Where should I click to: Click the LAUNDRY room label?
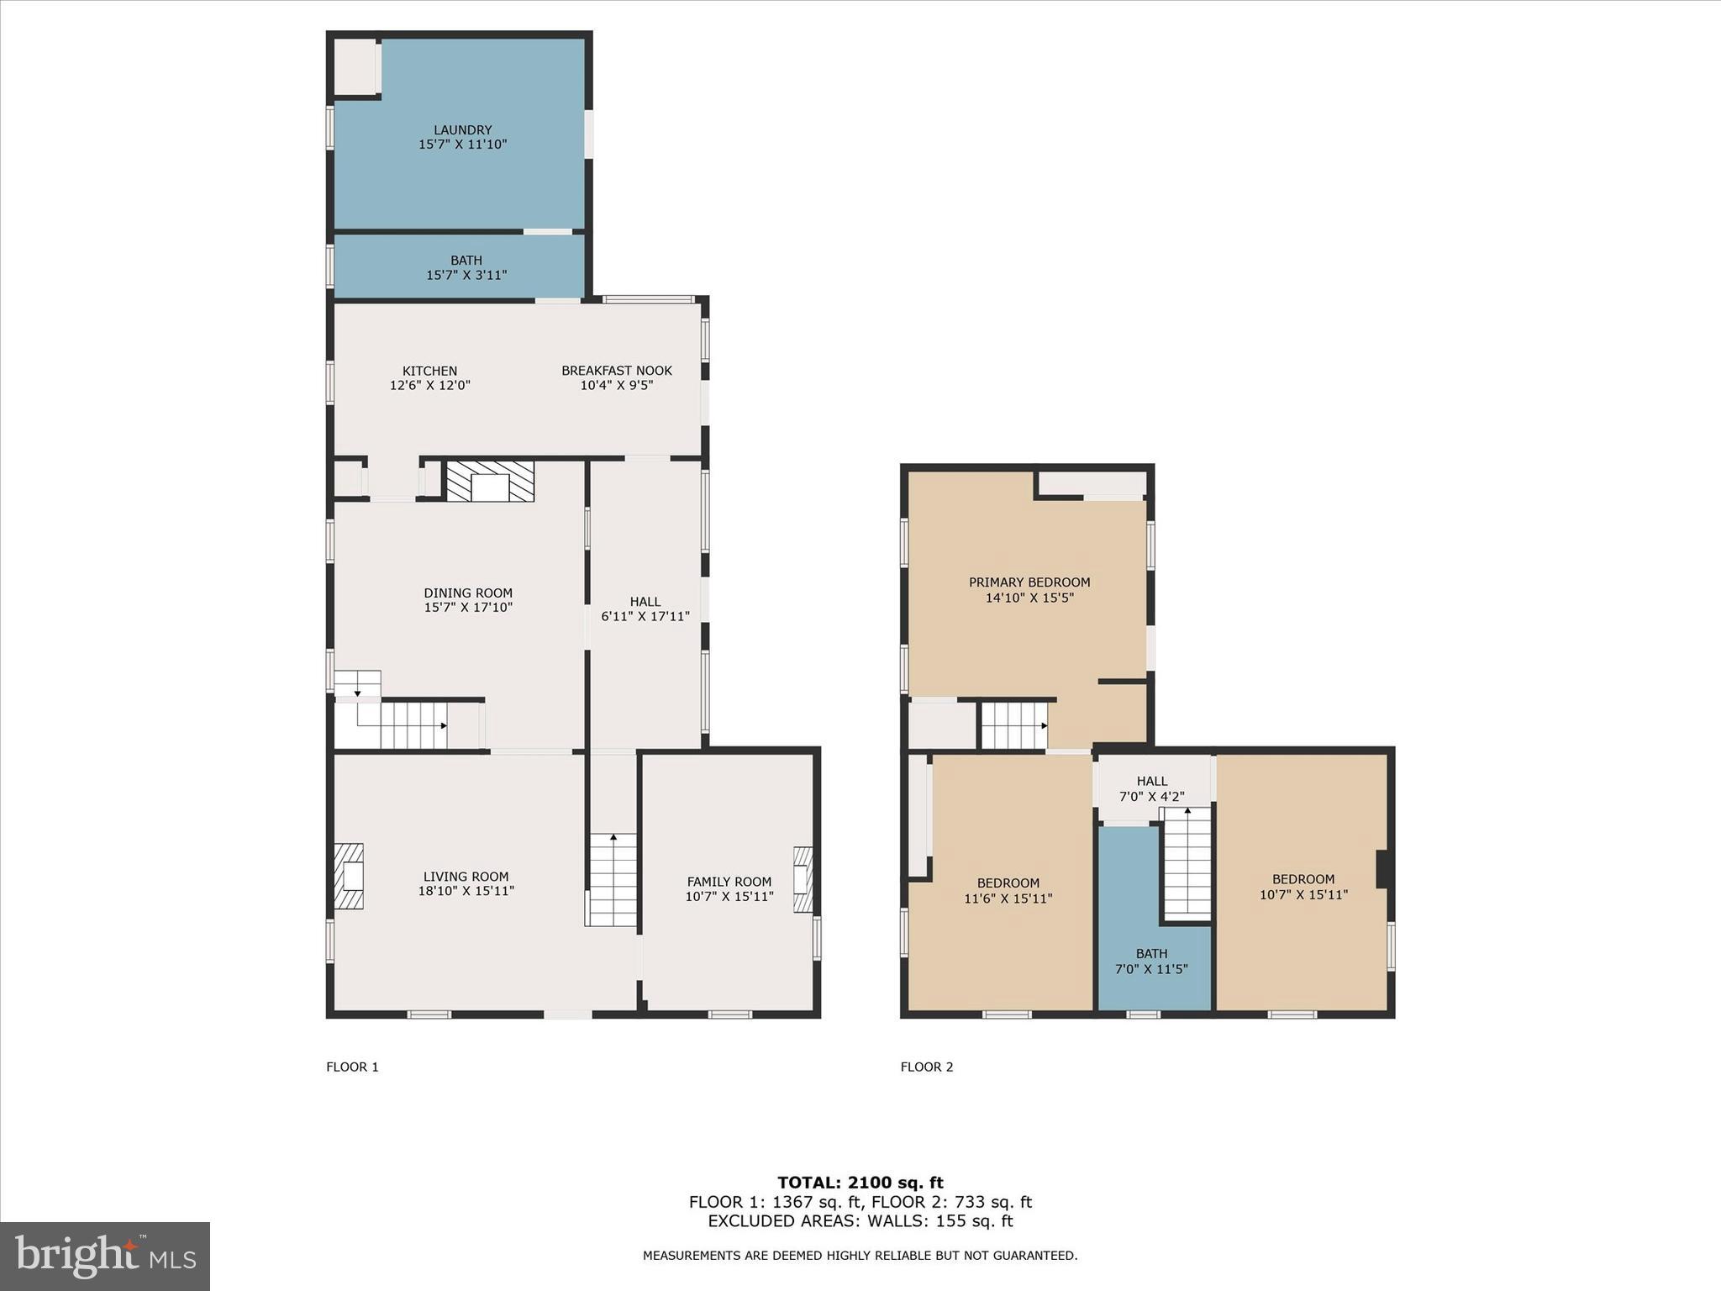(462, 129)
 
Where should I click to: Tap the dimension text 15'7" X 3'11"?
(466, 275)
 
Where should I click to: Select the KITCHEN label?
(429, 371)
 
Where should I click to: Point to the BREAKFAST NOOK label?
(617, 371)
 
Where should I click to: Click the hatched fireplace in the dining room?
(490, 482)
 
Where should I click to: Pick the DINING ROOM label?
(468, 593)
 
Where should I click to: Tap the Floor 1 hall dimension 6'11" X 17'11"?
(645, 616)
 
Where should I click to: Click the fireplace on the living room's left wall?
(349, 877)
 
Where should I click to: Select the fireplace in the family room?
(803, 879)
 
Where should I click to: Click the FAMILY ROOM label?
(729, 882)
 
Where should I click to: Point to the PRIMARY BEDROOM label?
(1029, 582)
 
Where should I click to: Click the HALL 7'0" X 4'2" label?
(1152, 788)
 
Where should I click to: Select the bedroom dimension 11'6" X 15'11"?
(1008, 898)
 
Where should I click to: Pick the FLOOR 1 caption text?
(352, 1067)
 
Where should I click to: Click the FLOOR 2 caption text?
(927, 1067)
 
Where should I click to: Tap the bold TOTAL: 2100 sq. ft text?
(860, 1183)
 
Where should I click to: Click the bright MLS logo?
(105, 1256)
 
